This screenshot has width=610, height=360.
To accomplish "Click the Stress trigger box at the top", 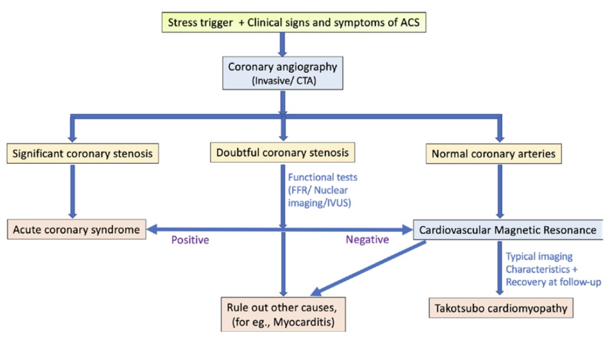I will (282, 23).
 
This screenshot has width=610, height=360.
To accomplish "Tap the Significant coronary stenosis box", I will (83, 153).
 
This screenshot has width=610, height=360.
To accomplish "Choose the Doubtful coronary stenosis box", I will (282, 153).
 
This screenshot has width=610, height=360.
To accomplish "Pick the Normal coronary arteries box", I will (493, 154).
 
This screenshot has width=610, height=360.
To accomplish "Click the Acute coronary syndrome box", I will (78, 229).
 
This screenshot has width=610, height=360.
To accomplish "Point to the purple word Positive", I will (190, 240).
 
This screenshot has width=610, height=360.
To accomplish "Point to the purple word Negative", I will (367, 240).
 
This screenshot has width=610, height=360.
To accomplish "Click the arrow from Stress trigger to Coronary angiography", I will (282, 44).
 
